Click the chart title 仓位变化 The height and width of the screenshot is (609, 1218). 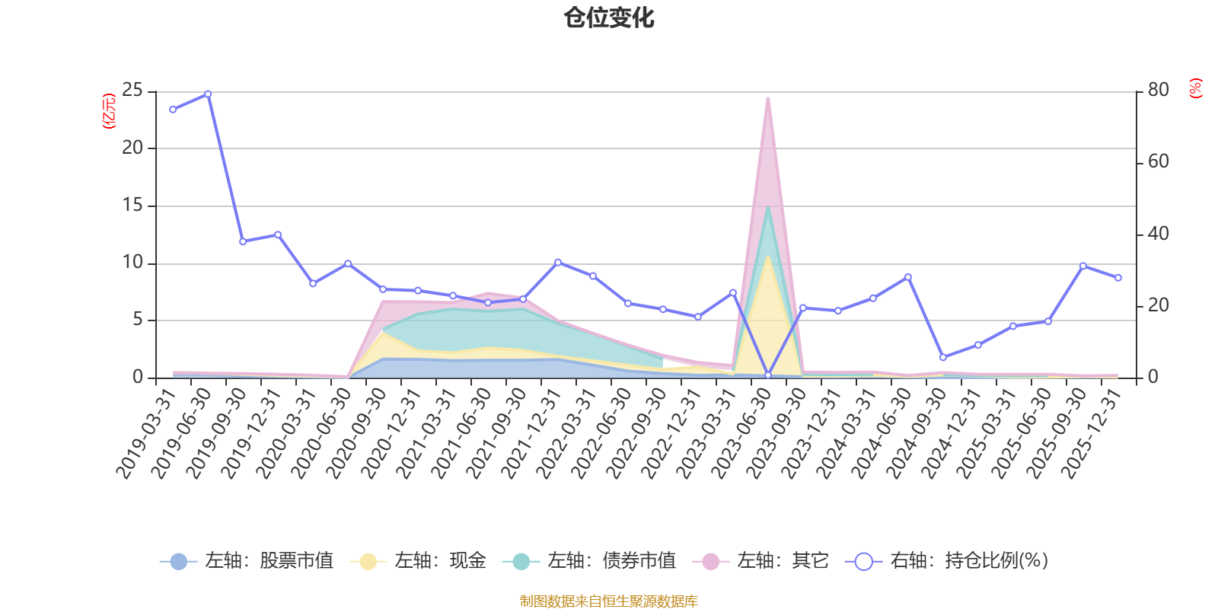(x=608, y=18)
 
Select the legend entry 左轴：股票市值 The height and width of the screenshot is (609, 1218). (x=247, y=560)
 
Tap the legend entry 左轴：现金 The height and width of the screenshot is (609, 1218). (x=418, y=560)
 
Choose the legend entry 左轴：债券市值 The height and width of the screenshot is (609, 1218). (x=589, y=560)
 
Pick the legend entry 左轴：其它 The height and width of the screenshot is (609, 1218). (x=760, y=560)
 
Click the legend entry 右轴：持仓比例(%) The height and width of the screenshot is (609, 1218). (x=947, y=560)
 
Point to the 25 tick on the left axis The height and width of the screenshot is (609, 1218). (x=132, y=91)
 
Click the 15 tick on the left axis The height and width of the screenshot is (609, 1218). (x=132, y=206)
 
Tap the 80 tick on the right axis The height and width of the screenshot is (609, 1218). (x=1158, y=91)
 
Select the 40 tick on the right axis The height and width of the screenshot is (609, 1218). (x=1158, y=234)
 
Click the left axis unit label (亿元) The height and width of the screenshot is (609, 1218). (x=109, y=111)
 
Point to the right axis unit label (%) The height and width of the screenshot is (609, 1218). (x=1195, y=88)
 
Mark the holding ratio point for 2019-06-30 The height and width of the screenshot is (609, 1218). (x=208, y=94)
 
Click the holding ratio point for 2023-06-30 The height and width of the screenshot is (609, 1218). (x=768, y=375)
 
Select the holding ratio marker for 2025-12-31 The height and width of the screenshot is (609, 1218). (x=1118, y=278)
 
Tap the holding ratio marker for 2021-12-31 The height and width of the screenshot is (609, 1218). (x=558, y=263)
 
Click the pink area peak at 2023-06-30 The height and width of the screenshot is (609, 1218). (x=768, y=98)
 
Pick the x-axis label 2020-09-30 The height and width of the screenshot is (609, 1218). (x=357, y=433)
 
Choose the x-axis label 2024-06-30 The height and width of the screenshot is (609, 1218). (x=882, y=433)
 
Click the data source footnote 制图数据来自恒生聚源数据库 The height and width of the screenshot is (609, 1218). (x=608, y=601)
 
